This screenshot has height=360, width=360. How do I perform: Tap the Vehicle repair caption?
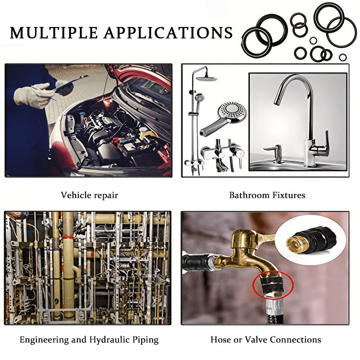89,195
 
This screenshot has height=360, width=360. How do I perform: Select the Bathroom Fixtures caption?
267,195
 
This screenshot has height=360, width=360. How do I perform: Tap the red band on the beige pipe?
68,236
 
